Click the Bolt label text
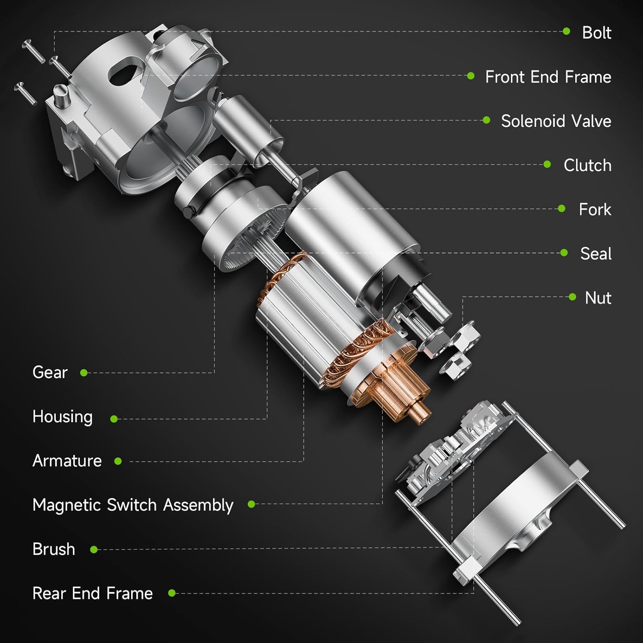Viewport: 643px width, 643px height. click(x=596, y=33)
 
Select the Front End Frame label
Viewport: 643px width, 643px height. click(x=548, y=77)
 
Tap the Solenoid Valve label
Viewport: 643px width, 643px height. click(x=556, y=121)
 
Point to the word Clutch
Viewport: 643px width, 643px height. click(x=587, y=165)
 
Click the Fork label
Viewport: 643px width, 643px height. click(x=595, y=209)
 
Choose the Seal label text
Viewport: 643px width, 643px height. click(x=595, y=253)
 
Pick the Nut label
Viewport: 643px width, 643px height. click(x=598, y=297)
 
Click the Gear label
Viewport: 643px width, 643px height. click(x=50, y=372)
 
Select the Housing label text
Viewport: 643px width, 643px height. click(x=63, y=417)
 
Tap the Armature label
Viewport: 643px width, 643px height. click(x=67, y=461)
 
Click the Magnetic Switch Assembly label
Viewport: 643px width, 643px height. click(x=133, y=505)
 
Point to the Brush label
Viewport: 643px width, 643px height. click(x=54, y=549)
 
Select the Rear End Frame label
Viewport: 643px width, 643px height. click(x=93, y=593)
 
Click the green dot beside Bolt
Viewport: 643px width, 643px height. click(x=566, y=31)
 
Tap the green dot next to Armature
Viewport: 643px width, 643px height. click(x=118, y=461)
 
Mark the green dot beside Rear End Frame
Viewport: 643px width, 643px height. click(x=172, y=593)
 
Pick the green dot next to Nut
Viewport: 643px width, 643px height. click(x=572, y=297)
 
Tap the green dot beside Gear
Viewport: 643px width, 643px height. click(x=84, y=373)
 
